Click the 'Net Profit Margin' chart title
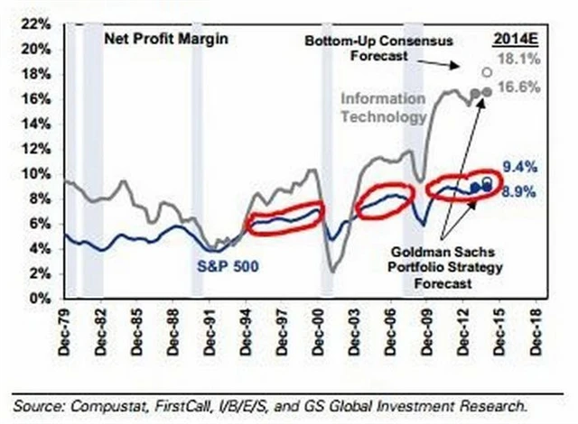[x=166, y=40]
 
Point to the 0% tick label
[x=34, y=297]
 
